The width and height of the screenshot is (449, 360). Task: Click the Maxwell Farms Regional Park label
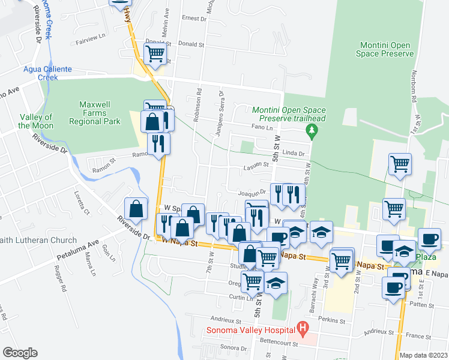(x=100, y=113)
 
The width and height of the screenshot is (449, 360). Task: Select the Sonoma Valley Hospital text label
(x=250, y=329)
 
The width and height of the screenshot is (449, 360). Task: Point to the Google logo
(x=19, y=353)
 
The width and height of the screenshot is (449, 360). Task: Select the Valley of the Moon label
(x=36, y=121)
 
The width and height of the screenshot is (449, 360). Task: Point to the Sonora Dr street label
(x=234, y=347)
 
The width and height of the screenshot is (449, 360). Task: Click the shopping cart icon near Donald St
(x=155, y=53)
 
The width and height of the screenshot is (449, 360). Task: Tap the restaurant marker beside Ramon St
(x=158, y=144)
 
